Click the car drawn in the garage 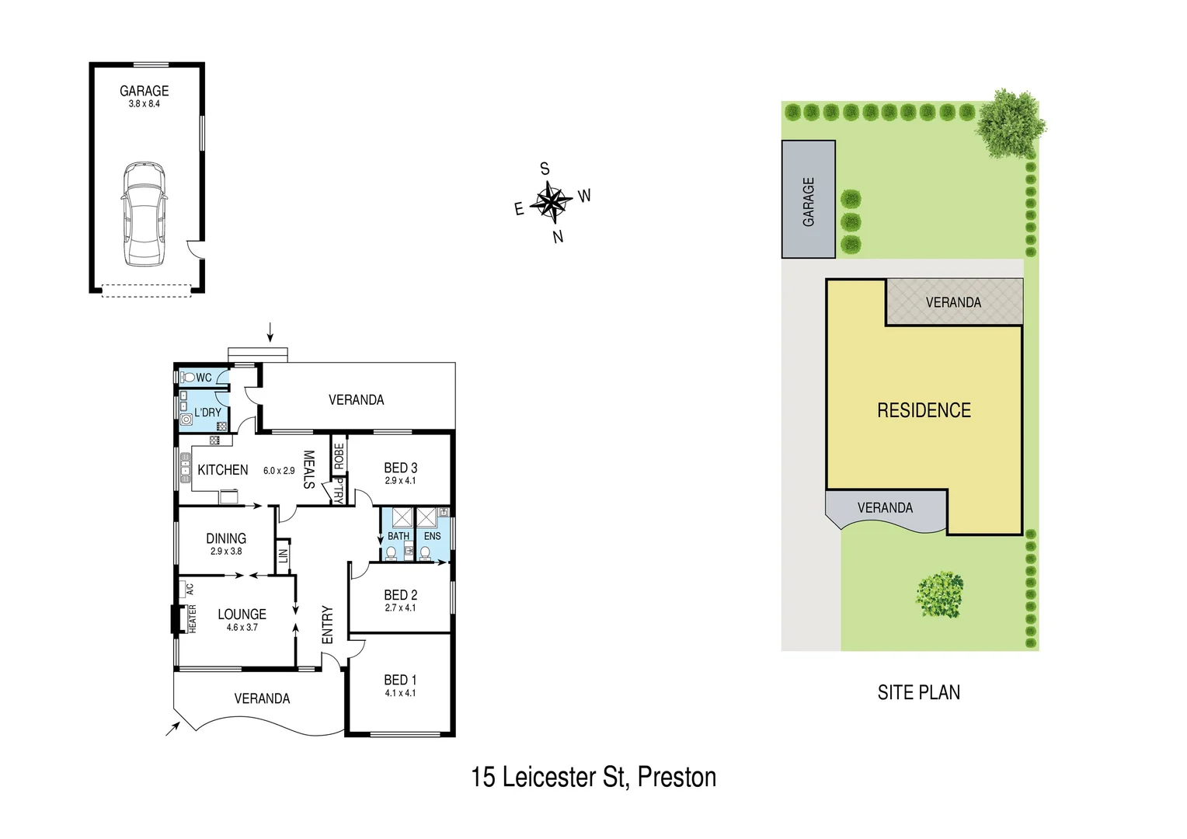click(144, 214)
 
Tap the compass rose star click(552, 202)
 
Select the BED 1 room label click(400, 680)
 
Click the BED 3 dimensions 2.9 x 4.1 click(400, 481)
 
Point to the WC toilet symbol click(188, 378)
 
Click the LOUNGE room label click(242, 614)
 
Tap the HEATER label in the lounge click(192, 619)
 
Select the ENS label click(433, 536)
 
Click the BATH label click(399, 536)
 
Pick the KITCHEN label click(223, 470)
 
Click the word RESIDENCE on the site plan click(924, 410)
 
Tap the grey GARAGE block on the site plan click(809, 200)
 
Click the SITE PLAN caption click(918, 692)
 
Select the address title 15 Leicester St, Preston click(593, 777)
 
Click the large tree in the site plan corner click(1009, 123)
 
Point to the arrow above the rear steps click(270, 332)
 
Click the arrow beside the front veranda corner click(172, 728)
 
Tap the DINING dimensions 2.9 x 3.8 click(226, 552)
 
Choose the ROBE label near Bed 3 click(339, 456)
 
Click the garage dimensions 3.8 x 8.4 click(144, 104)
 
